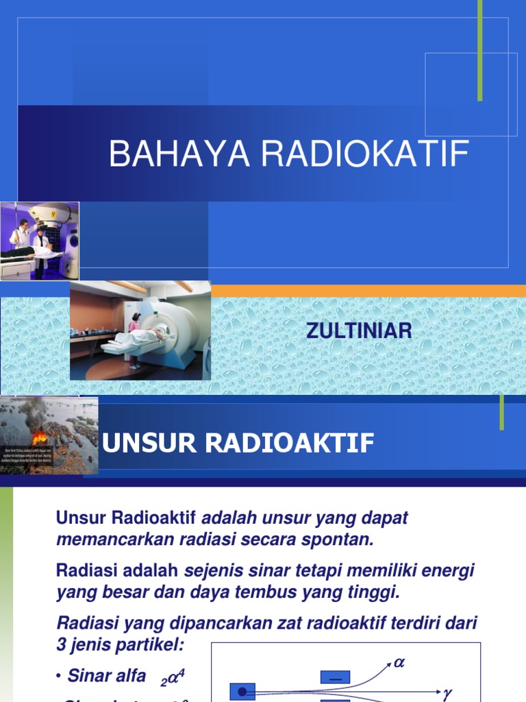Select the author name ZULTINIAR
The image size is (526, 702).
(x=359, y=331)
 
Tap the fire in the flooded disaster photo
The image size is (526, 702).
(x=40, y=435)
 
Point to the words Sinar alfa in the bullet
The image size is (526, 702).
(x=106, y=676)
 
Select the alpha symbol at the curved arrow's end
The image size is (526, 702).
(x=399, y=663)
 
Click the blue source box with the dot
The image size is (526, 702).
(x=242, y=692)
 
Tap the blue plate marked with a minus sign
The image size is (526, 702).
(x=335, y=677)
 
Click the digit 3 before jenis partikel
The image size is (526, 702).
(x=62, y=644)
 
